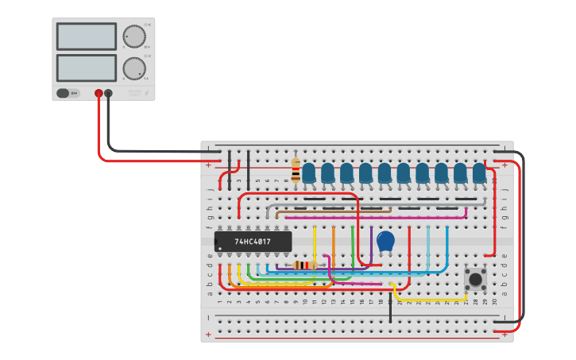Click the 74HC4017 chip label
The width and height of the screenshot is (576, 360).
(253, 242)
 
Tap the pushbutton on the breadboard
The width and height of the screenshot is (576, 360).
(476, 279)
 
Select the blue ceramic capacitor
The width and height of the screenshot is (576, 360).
(385, 240)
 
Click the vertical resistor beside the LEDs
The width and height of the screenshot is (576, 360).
(296, 170)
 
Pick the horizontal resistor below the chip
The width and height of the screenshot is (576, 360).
(305, 265)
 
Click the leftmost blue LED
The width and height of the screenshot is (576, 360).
(308, 172)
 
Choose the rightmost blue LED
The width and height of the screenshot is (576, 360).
(479, 172)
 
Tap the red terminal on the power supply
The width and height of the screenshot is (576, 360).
(99, 93)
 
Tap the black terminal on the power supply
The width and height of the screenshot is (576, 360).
(109, 93)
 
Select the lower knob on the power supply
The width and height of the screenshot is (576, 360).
(134, 68)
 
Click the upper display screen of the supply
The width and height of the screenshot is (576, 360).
(87, 37)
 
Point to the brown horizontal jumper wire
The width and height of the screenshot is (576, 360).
(334, 211)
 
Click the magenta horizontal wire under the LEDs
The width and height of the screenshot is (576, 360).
(373, 217)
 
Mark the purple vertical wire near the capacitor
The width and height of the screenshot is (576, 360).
(371, 242)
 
